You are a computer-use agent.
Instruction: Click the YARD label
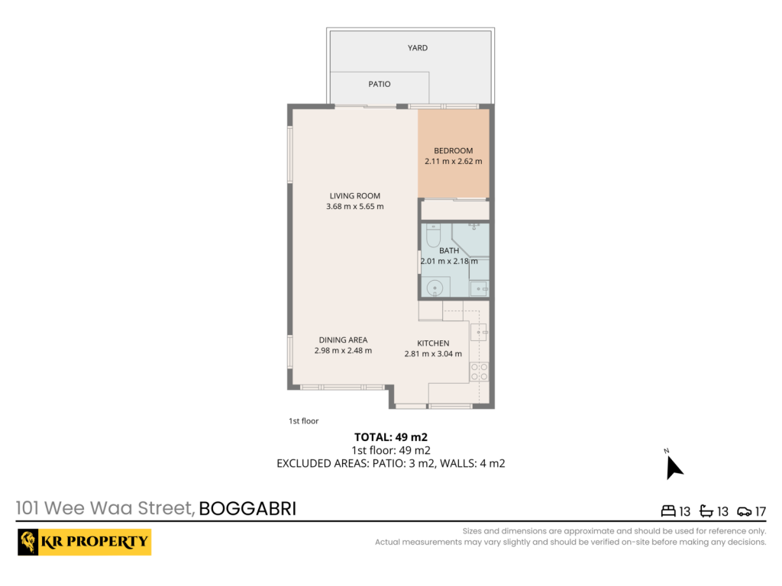coord(418,48)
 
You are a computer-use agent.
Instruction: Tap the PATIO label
coord(380,84)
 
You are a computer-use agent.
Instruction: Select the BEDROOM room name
coord(454,150)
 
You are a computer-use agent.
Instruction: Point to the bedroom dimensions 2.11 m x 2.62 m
coord(454,161)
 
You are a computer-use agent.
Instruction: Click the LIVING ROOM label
coord(354,196)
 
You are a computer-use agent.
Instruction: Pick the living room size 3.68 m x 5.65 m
coord(354,206)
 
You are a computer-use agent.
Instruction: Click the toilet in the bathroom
coord(434,235)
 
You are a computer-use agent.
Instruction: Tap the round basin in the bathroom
coord(435,288)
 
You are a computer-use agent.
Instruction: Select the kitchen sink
coord(479,332)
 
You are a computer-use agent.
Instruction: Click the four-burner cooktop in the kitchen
coord(480,372)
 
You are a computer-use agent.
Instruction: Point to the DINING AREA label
coord(343,340)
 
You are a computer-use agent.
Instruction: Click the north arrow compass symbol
coord(674,466)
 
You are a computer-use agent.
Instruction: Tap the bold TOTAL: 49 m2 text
coord(391,437)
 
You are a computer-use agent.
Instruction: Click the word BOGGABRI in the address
coord(247,509)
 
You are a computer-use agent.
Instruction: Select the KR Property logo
coord(84,543)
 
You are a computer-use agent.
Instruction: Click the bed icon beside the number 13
coord(668,510)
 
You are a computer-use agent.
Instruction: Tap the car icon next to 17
coord(744,511)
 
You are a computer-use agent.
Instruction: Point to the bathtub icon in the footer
coord(706,510)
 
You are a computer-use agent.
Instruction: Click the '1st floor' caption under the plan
coord(303,421)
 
